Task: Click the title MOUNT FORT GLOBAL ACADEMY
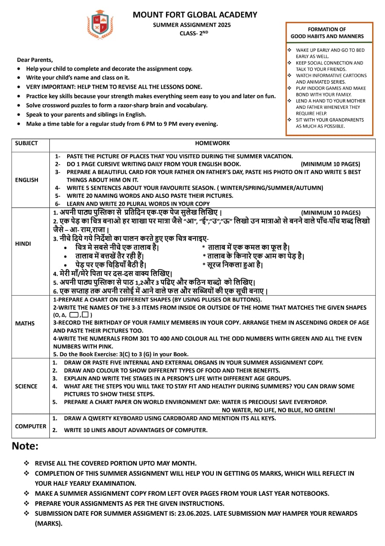(195, 15)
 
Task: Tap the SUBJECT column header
(26, 143)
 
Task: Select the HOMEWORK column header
(213, 143)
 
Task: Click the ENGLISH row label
(26, 180)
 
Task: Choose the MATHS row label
(25, 323)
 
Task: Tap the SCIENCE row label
(26, 386)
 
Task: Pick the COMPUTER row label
(31, 426)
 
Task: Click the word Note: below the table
(25, 447)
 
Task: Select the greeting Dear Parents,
(35, 60)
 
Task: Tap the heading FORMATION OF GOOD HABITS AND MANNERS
(327, 33)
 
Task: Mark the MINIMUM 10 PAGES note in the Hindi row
(330, 212)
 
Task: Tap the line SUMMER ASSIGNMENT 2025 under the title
(192, 25)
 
